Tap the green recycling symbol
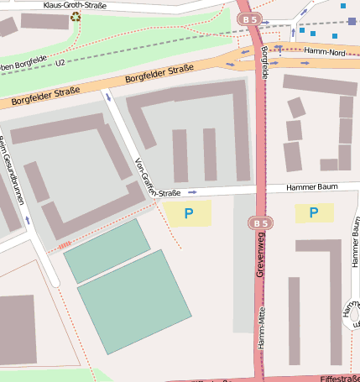pos(76,16)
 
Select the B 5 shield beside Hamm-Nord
pos(248,18)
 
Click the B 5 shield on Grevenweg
pos(260,222)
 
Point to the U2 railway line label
pos(60,62)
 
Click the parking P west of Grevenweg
pos(188,214)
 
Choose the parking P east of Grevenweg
pos(314,212)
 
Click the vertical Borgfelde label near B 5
pos(265,63)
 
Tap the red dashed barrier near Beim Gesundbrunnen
pos(65,245)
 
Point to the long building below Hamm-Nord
pos(320,85)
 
